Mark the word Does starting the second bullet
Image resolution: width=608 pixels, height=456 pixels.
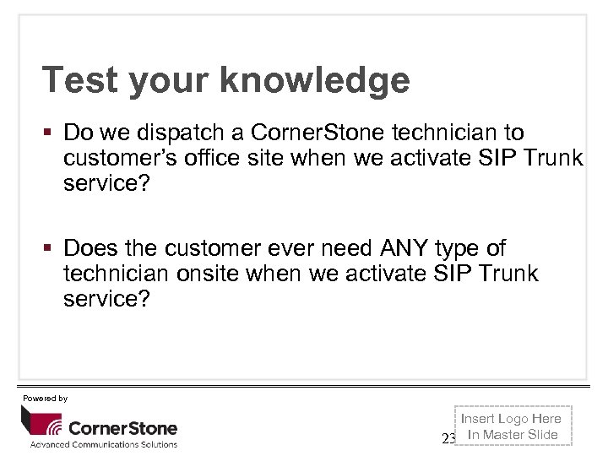click(x=88, y=248)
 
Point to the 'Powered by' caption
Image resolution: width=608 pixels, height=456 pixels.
click(x=45, y=398)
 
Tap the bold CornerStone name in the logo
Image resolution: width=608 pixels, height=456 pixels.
click(x=122, y=427)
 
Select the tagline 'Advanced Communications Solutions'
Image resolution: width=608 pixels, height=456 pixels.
click(x=104, y=444)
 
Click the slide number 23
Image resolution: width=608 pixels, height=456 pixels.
click(x=448, y=437)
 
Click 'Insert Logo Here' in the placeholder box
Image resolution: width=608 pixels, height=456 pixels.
click(x=511, y=419)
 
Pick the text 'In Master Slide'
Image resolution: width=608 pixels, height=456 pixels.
click(x=513, y=435)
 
